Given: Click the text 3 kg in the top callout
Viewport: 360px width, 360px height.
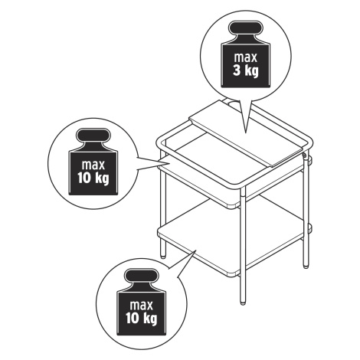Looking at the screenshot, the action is [x=245, y=70].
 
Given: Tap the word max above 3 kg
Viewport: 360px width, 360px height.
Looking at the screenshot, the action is [x=245, y=57].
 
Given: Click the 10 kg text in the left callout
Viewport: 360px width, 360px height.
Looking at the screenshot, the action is [x=93, y=178].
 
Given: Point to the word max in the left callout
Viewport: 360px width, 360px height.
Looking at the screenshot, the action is [x=93, y=165].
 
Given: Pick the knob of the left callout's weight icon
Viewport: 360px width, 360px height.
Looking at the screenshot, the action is [x=93, y=136].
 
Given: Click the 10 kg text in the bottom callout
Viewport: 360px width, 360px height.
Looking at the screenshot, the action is [x=142, y=318].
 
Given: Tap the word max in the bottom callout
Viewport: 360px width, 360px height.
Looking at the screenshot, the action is [x=142, y=306].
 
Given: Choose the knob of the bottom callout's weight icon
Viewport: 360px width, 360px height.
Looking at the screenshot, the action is [x=142, y=276].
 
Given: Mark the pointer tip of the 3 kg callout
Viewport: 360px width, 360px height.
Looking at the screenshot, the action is [x=246, y=133].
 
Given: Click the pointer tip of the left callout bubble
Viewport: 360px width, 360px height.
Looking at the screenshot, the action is [x=170, y=162].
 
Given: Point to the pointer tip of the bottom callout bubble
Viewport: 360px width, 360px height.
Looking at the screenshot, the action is [x=196, y=250].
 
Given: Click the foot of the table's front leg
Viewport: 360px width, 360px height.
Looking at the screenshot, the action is [x=243, y=303].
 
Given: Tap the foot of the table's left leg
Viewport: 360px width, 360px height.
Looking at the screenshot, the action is [x=163, y=257].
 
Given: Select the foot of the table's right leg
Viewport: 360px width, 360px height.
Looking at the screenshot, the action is [x=306, y=267].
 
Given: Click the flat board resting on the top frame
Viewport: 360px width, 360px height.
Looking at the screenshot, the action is [x=246, y=133].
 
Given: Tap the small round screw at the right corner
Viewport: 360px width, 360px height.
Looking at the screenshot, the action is [x=304, y=155].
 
